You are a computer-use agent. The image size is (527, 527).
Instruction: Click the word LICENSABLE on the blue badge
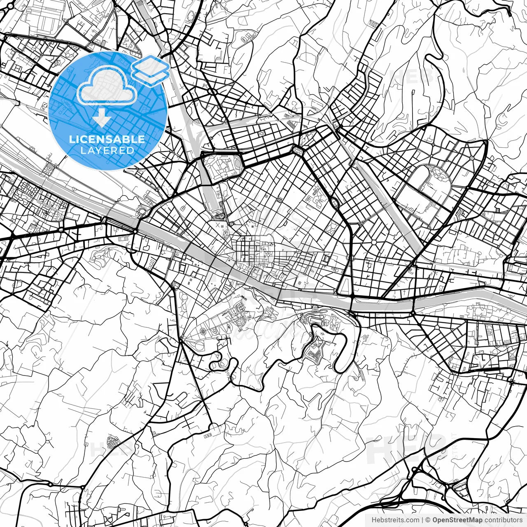tap(107, 139)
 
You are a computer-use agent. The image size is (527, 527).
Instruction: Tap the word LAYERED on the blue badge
tap(107, 151)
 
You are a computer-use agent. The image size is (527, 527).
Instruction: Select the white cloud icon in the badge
tap(107, 86)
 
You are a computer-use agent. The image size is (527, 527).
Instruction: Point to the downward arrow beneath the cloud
tap(101, 119)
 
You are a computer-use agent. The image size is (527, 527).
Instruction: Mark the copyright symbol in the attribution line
tap(428, 520)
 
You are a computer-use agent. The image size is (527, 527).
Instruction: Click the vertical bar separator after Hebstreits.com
tap(422, 520)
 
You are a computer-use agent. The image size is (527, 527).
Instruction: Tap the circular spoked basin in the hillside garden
tap(203, 331)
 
